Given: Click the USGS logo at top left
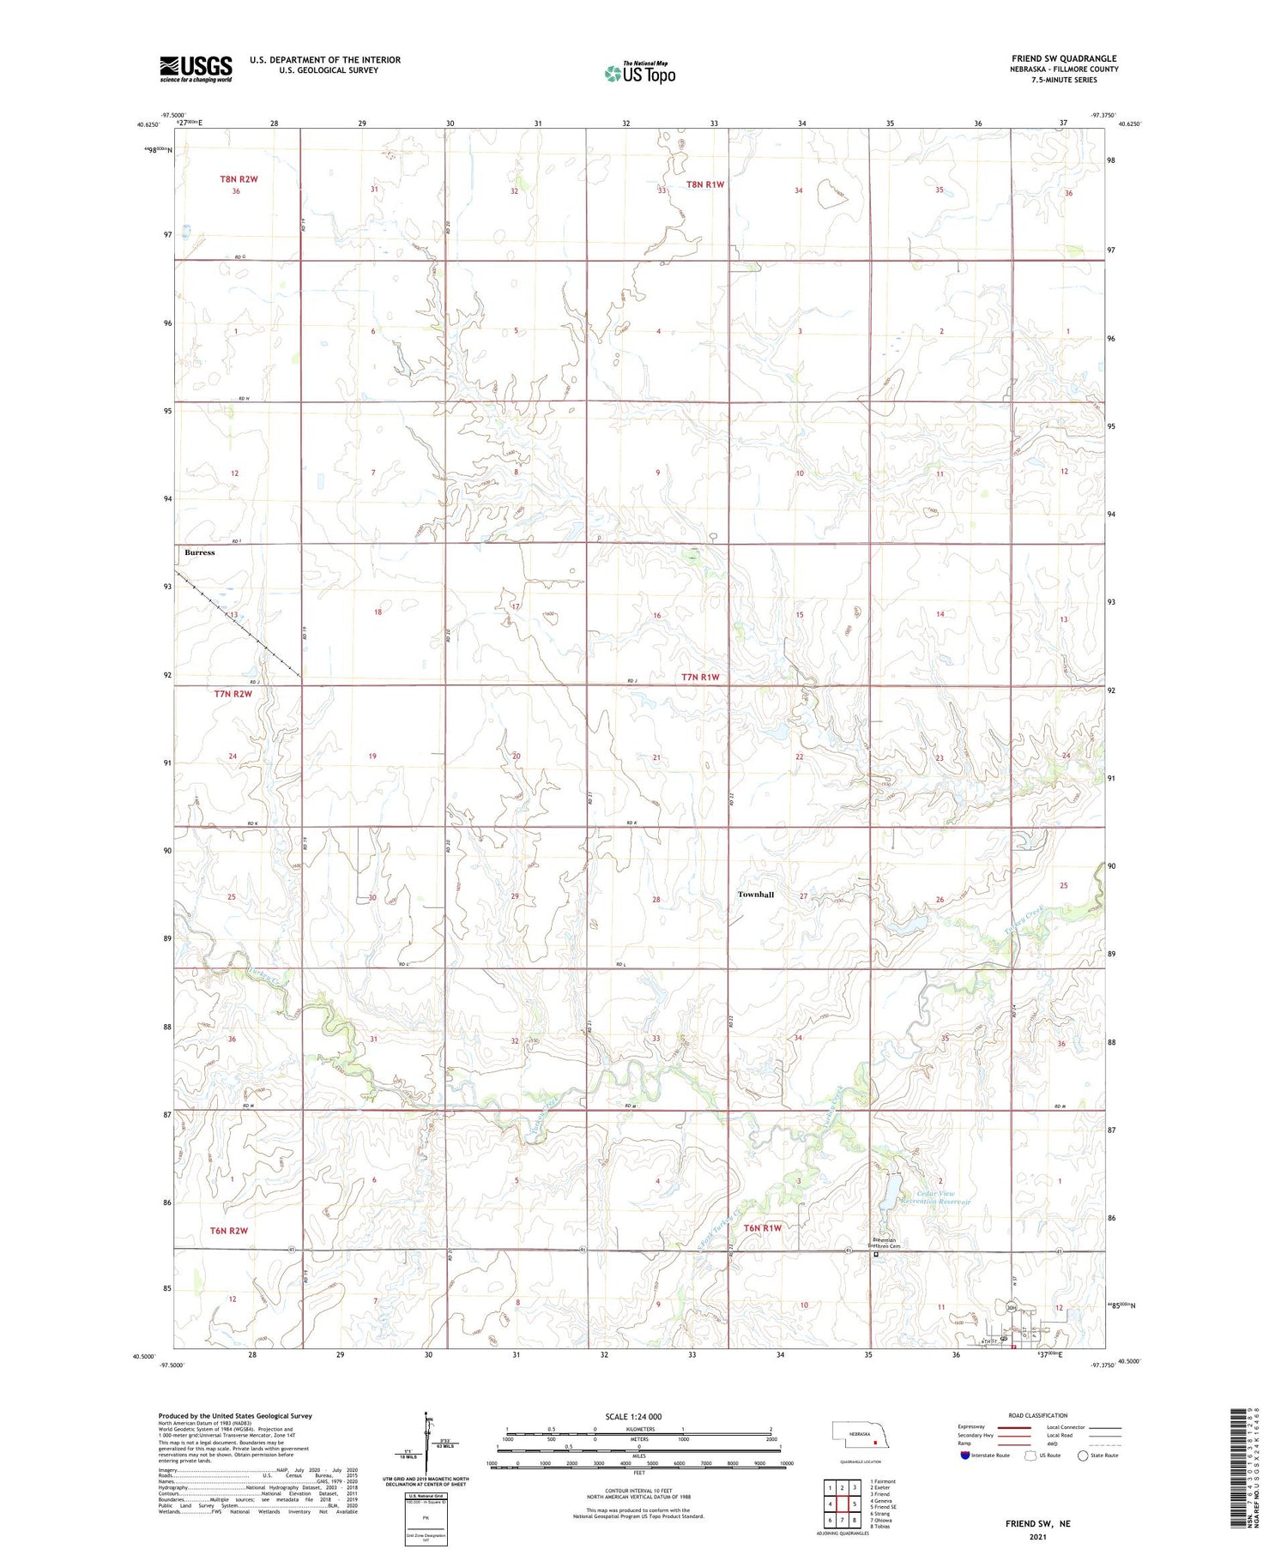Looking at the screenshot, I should pyautogui.click(x=196, y=69).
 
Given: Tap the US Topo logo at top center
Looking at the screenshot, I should pyautogui.click(x=639, y=73).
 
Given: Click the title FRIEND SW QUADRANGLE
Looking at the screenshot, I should pyautogui.click(x=1063, y=58).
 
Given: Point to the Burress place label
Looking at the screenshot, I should pyautogui.click(x=200, y=552).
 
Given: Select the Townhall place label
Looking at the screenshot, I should pyautogui.click(x=755, y=895).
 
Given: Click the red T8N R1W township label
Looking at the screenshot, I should pyautogui.click(x=705, y=184).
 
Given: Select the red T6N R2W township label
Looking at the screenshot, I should pyautogui.click(x=228, y=1230).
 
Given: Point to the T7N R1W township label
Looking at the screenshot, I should pyautogui.click(x=699, y=677).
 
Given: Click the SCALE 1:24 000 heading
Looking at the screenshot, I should pyautogui.click(x=633, y=1416).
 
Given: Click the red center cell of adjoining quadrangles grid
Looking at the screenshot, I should pyautogui.click(x=843, y=1504).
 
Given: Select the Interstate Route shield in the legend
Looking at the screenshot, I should pyautogui.click(x=964, y=1456).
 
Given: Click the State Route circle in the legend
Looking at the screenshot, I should pyautogui.click(x=1083, y=1456).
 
